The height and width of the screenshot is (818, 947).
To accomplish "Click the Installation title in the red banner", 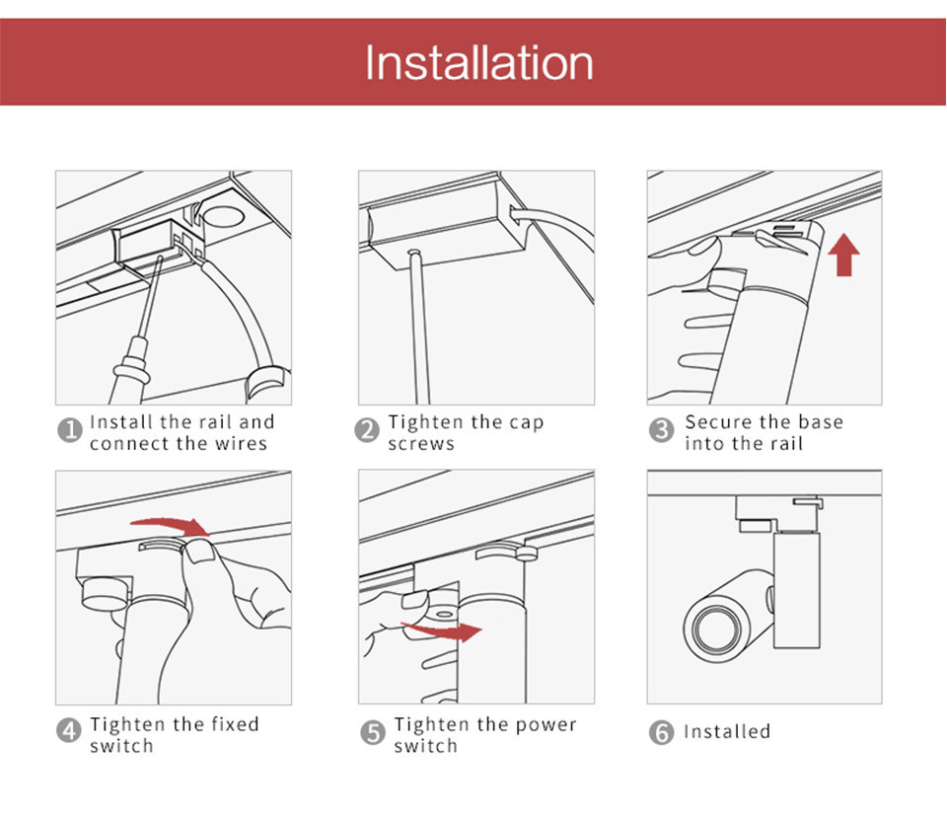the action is (x=479, y=63).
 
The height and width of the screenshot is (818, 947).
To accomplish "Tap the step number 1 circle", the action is (x=69, y=430).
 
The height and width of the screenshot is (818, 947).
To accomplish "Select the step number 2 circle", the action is (x=367, y=430).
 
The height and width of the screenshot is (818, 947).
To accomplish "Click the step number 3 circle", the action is (x=661, y=430).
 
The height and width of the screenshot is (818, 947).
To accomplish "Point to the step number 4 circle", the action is (x=69, y=730).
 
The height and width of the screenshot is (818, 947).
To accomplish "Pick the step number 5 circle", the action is (x=373, y=732).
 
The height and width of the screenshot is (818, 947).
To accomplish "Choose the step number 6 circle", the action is (x=661, y=732).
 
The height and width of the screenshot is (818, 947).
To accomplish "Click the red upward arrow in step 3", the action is (x=843, y=255).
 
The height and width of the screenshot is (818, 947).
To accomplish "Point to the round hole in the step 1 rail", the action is (x=222, y=216).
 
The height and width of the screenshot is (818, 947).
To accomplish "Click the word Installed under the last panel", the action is (x=727, y=731).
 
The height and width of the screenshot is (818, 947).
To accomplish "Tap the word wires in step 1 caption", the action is (x=241, y=443).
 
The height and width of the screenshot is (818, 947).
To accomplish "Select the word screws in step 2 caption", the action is (x=421, y=444).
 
